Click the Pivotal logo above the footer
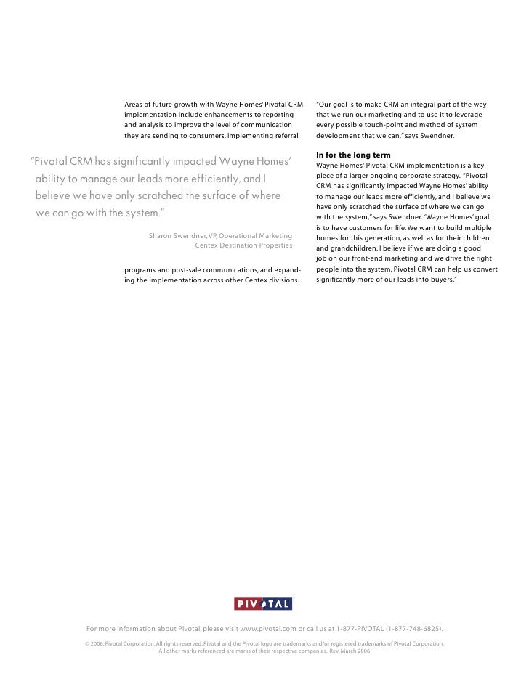click(x=263, y=603)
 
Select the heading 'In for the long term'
click(x=353, y=155)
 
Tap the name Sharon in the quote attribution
click(x=163, y=236)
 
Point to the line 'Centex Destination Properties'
click(x=243, y=245)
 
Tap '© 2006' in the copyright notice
click(x=94, y=644)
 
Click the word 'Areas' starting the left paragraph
click(x=134, y=105)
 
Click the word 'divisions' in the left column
click(x=282, y=280)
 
